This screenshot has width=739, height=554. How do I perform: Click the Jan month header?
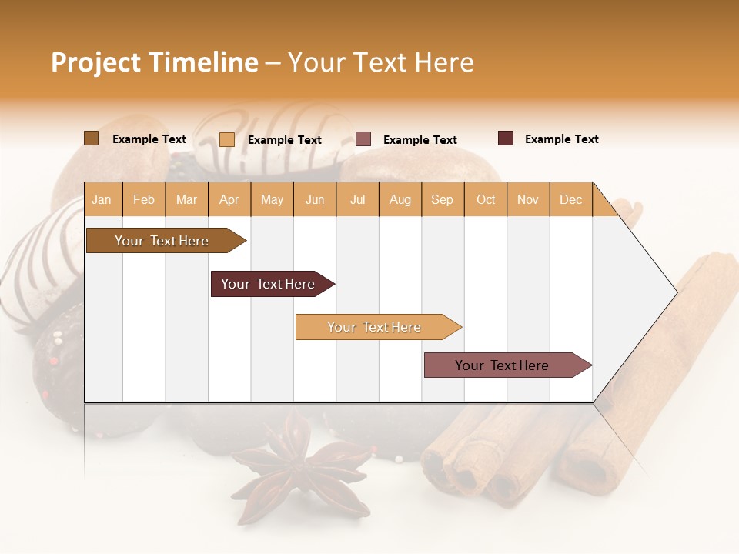point(102,199)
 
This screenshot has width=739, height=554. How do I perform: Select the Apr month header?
point(229,199)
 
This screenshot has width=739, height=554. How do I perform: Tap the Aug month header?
point(400,199)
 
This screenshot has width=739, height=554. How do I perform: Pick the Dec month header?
point(571,199)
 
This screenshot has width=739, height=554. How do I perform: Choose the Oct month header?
point(486,199)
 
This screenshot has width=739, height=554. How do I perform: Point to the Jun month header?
point(315,199)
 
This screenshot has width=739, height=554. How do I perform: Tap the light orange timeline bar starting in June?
point(376,327)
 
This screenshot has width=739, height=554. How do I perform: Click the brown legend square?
point(91,138)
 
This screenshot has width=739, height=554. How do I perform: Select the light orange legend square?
point(227,139)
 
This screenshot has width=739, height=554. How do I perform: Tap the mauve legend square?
point(363,139)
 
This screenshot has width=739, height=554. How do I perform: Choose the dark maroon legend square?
point(506,138)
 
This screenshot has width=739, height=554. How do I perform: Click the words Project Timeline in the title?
point(154,62)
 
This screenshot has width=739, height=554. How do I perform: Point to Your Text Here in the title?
point(380,62)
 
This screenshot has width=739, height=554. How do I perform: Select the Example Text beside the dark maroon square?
point(561,139)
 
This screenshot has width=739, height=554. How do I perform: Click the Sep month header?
point(443,199)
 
